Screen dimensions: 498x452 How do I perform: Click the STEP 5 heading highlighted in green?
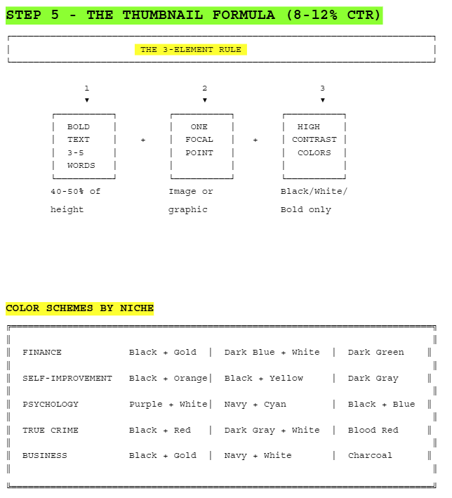click(194, 15)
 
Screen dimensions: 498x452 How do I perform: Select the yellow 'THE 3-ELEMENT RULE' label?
click(191, 50)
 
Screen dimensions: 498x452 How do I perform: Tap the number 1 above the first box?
click(87, 89)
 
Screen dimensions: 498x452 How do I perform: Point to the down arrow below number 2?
click(205, 100)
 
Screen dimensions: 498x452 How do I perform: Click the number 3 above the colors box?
click(323, 89)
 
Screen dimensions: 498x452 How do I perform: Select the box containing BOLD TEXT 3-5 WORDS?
click(84, 146)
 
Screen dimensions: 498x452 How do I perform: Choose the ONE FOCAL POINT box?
click(201, 146)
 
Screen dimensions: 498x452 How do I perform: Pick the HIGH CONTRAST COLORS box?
click(314, 146)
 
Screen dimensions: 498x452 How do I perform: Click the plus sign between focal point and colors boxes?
click(255, 140)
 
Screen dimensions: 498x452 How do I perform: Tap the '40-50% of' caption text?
click(76, 191)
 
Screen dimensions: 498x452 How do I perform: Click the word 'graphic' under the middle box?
click(188, 209)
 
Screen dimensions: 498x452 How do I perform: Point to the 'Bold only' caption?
click(306, 209)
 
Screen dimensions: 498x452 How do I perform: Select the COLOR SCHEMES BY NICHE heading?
click(79, 308)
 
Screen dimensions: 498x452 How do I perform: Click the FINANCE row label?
click(42, 353)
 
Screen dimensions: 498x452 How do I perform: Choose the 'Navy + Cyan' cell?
click(255, 405)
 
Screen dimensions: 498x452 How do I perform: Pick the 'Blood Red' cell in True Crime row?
click(373, 430)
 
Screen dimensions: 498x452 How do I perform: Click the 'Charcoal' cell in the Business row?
click(371, 456)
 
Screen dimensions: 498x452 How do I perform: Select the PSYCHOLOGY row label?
click(51, 405)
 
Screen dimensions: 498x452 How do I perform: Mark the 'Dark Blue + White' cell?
click(272, 353)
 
